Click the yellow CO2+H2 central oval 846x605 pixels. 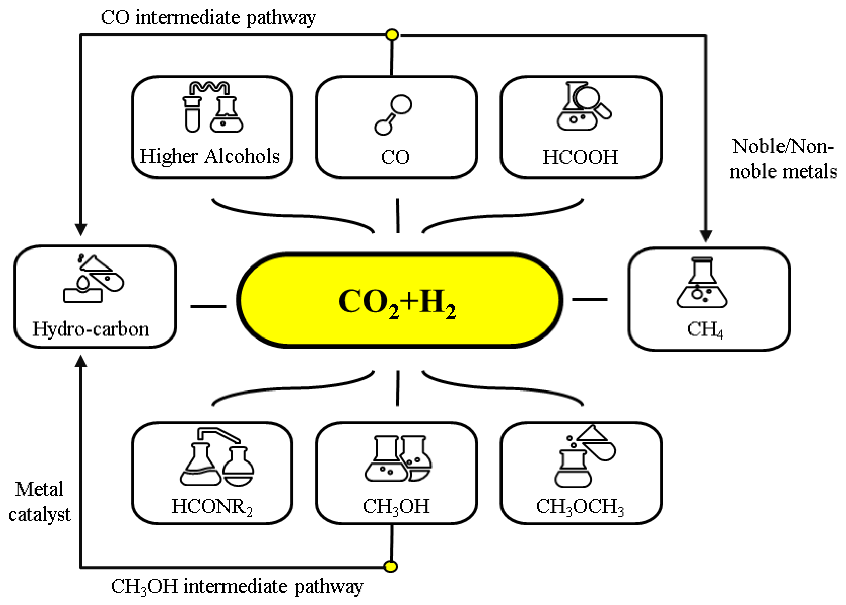pyautogui.click(x=399, y=300)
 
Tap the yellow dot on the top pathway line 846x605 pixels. pyautogui.click(x=392, y=35)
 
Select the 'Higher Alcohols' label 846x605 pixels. pyautogui.click(x=210, y=156)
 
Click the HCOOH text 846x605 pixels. pyautogui.click(x=580, y=157)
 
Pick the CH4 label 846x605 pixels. pyautogui.click(x=705, y=329)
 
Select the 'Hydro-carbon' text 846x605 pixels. pyautogui.click(x=91, y=329)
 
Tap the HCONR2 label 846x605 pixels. pyautogui.click(x=212, y=507)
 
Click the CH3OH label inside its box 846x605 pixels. pyautogui.click(x=396, y=507)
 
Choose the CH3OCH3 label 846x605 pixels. pyautogui.click(x=580, y=507)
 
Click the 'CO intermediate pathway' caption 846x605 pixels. pyautogui.click(x=208, y=17)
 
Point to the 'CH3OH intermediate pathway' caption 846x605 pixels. pyautogui.click(x=237, y=587)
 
